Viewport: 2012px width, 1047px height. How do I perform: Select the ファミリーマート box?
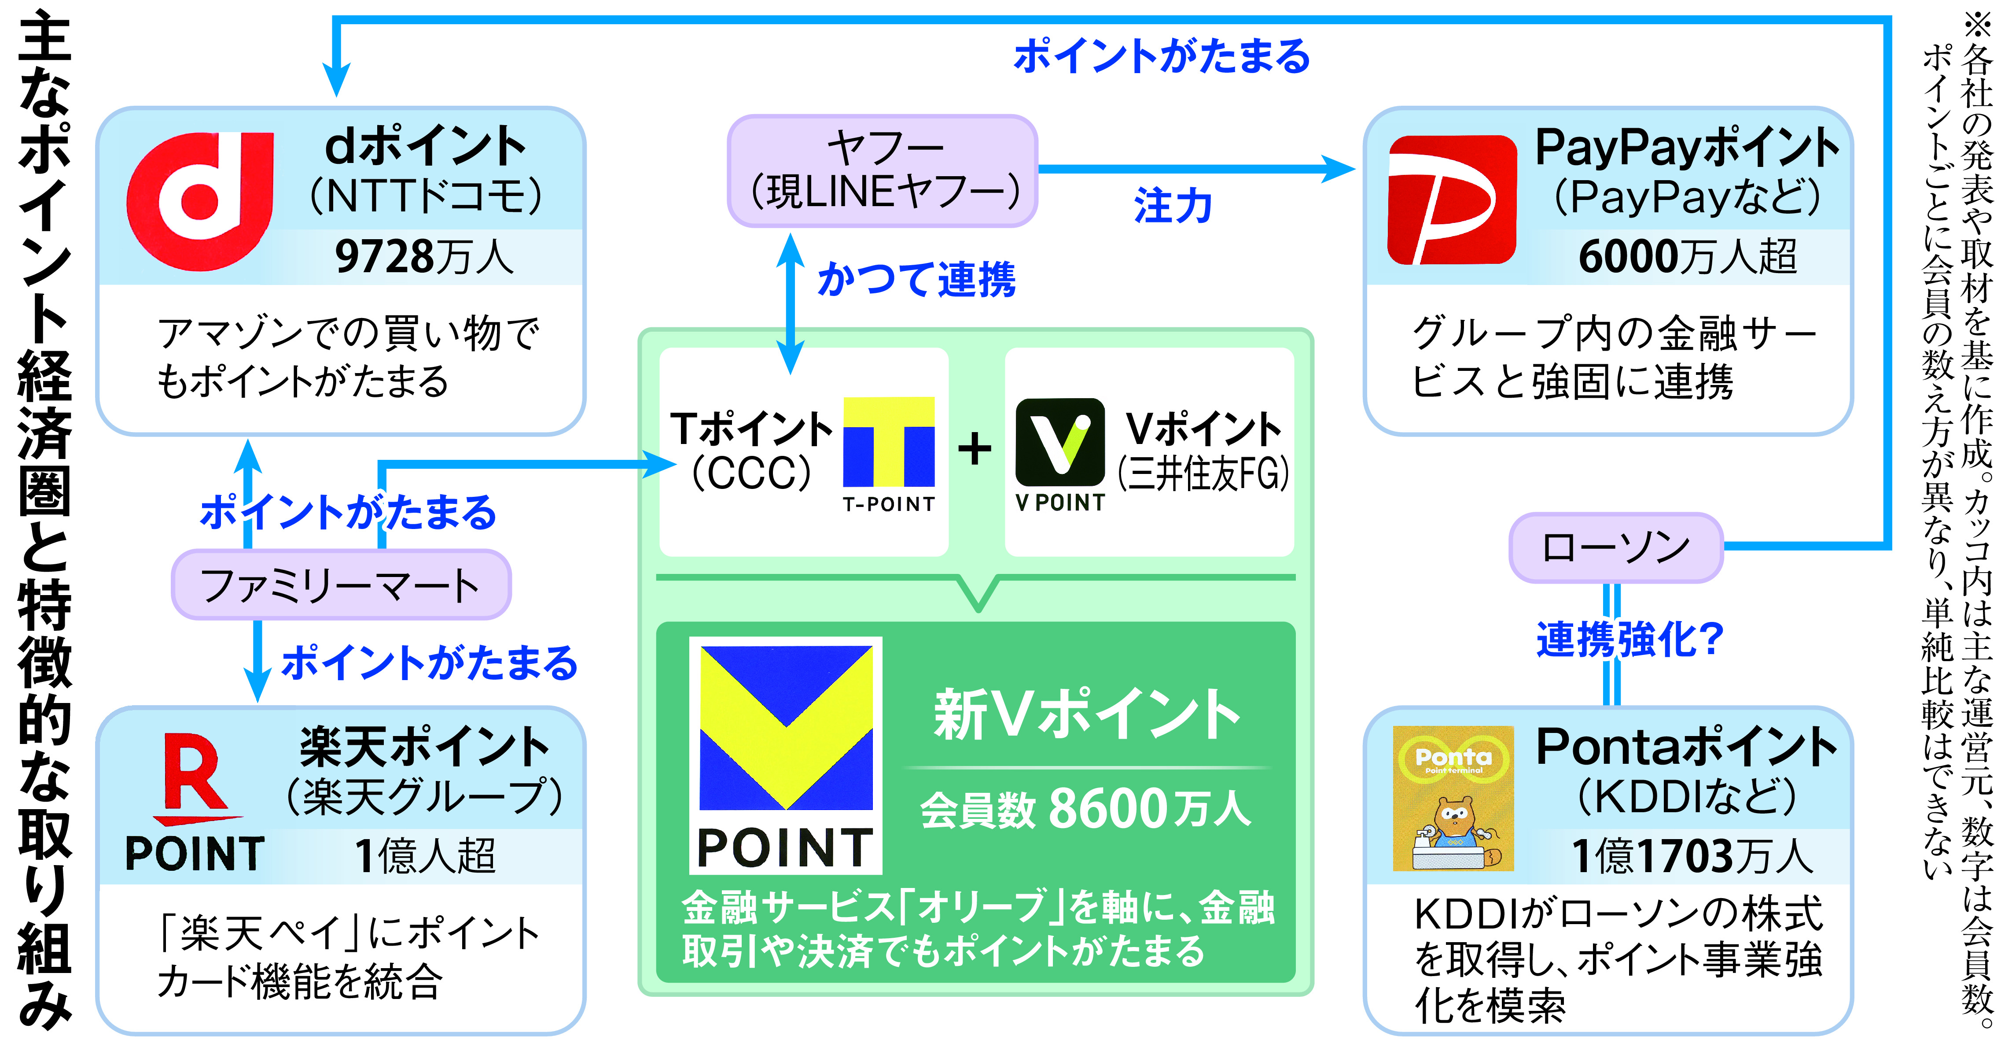[x=341, y=585]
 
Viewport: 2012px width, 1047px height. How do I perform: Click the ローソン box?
[x=1615, y=548]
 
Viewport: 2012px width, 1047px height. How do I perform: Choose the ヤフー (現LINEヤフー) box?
[x=883, y=171]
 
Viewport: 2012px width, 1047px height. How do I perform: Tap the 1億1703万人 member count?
[x=1691, y=856]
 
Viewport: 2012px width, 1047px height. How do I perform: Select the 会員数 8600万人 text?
[x=1085, y=809]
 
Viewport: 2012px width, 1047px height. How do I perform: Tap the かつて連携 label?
[x=916, y=279]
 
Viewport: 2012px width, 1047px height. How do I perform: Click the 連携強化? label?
[x=1629, y=639]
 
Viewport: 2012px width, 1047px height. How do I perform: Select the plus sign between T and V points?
[x=975, y=449]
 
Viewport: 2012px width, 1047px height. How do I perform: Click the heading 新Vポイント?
[x=1085, y=715]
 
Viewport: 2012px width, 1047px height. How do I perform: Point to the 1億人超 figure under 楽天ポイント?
[x=426, y=855]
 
